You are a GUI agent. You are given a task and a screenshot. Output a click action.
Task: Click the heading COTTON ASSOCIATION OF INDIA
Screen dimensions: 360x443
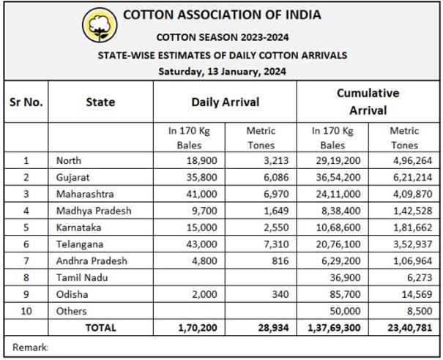click(222, 15)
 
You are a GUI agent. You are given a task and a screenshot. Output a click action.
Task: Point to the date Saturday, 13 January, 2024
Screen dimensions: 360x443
click(222, 71)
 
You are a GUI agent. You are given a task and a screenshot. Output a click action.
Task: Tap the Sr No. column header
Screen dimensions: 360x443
click(26, 102)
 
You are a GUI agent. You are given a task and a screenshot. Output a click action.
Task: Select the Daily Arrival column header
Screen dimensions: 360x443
click(225, 102)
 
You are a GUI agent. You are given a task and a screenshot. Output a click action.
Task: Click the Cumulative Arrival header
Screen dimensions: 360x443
click(368, 102)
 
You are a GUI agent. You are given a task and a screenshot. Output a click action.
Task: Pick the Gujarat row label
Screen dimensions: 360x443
click(74, 177)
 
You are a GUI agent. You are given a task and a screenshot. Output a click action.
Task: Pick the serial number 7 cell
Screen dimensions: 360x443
click(26, 261)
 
